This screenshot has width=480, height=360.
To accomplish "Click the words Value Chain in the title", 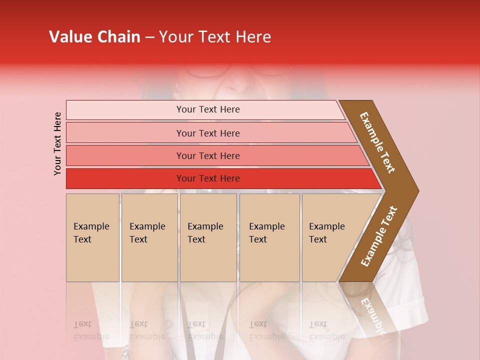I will tap(94, 37).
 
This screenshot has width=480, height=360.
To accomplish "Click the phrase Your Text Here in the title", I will tap(215, 37).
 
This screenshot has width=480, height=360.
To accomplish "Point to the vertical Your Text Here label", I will tap(57, 143).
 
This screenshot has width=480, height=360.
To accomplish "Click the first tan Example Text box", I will tap(92, 237).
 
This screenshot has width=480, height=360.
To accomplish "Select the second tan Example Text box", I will tap(149, 237).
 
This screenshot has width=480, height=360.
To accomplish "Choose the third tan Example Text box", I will tap(208, 237).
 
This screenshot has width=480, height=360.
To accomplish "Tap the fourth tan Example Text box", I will tap(269, 237).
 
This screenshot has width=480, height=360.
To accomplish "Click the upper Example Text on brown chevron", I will tap(377, 142).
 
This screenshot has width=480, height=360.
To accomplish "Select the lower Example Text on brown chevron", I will tap(379, 236).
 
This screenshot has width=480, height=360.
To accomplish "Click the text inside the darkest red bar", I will tap(208, 178).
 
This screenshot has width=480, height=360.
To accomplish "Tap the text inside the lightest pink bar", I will tap(208, 109).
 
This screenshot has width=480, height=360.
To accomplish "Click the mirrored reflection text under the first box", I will tap(91, 330).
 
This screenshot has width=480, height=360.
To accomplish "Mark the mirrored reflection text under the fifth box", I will tap(327, 330).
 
